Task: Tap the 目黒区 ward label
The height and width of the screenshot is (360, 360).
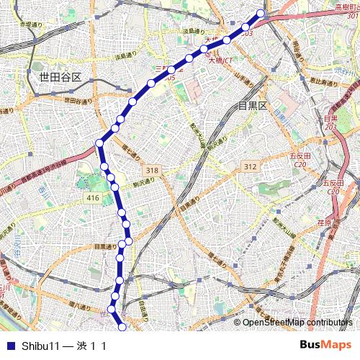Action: point(253,106)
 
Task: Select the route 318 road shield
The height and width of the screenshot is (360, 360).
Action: point(152,170)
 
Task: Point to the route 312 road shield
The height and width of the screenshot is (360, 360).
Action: point(250,166)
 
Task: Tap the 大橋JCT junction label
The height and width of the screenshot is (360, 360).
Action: point(221,60)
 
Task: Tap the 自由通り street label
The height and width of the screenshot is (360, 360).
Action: point(142,310)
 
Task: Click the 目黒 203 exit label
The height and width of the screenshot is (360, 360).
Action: point(330,122)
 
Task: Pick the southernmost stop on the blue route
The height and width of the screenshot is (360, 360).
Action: point(122,328)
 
